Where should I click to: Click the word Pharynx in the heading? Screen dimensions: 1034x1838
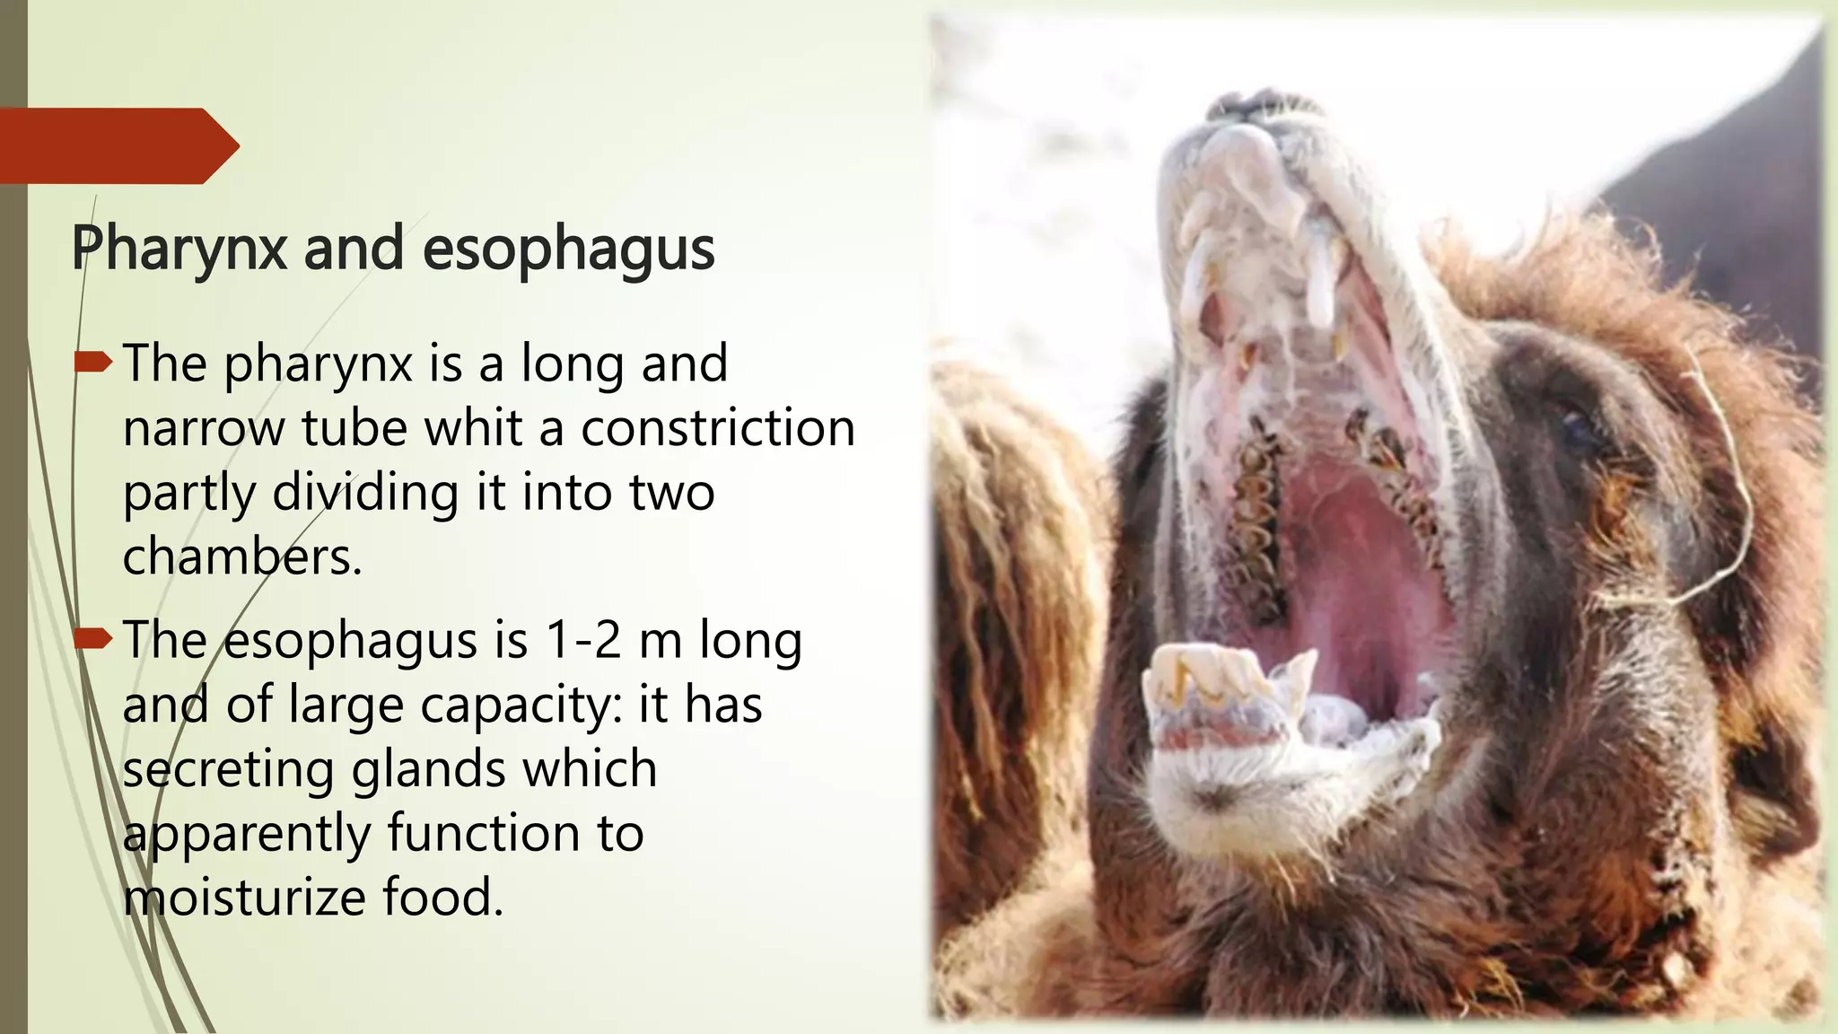click(x=179, y=248)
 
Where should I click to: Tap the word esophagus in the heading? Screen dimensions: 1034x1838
click(x=568, y=250)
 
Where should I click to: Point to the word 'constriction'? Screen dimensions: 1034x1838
click(x=718, y=427)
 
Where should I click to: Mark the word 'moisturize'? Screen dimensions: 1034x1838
click(x=244, y=898)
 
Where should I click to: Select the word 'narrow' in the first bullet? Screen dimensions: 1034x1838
click(x=203, y=428)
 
